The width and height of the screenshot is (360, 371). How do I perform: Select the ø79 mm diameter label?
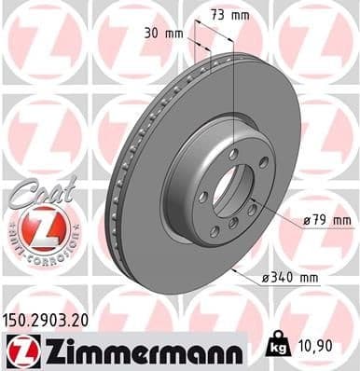click(x=329, y=220)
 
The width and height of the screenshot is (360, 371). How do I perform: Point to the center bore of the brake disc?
click(x=225, y=186)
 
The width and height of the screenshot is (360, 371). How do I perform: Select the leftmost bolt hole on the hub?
click(x=201, y=196)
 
